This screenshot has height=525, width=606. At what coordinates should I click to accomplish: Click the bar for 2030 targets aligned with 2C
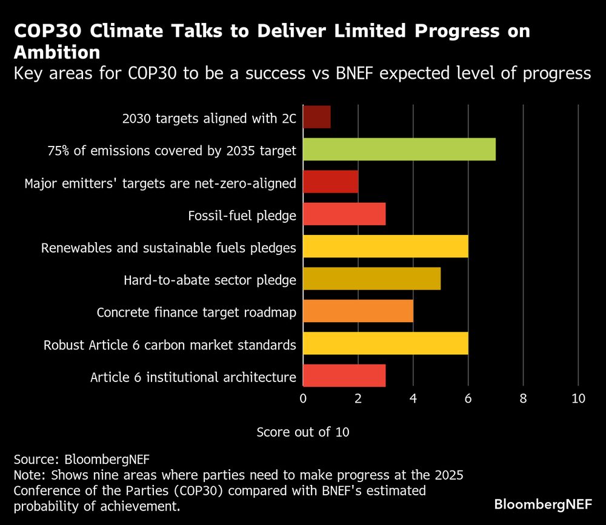click(316, 117)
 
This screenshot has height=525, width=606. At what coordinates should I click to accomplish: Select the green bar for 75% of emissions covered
click(399, 150)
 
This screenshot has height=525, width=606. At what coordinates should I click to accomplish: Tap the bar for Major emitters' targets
click(330, 182)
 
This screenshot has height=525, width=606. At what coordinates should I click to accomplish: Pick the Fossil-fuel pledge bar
click(344, 214)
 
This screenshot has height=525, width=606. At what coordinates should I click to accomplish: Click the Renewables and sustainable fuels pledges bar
click(385, 246)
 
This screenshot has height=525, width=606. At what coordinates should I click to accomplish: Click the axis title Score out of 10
click(303, 432)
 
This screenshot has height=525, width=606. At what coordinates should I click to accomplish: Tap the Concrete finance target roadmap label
click(196, 312)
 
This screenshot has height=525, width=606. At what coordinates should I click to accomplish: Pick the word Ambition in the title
click(57, 53)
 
